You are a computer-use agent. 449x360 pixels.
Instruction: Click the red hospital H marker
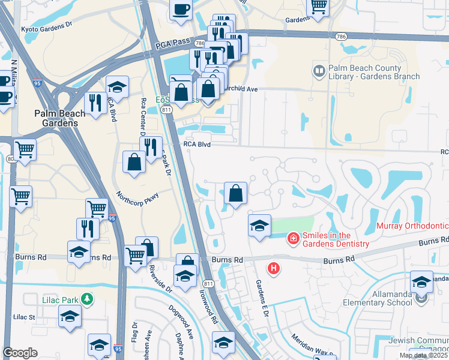(x=273, y=268)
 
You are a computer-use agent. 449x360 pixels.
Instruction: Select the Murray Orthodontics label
(x=412, y=226)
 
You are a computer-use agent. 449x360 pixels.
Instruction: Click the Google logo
(x=20, y=353)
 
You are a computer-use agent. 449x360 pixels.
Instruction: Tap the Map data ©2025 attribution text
(x=423, y=355)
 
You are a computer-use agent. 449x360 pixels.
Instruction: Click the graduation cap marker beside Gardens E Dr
(x=259, y=226)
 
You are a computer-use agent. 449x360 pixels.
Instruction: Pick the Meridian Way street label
(x=310, y=345)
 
